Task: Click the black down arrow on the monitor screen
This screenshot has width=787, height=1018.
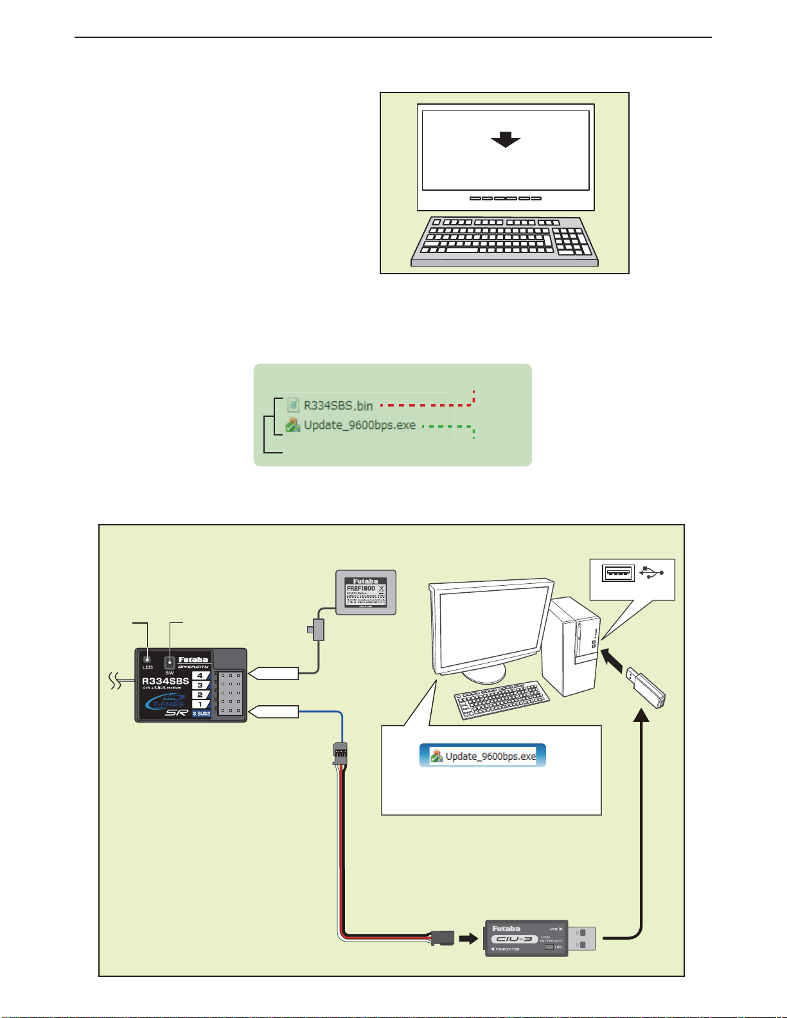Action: tap(505, 139)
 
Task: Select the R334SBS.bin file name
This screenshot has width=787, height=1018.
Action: tap(338, 405)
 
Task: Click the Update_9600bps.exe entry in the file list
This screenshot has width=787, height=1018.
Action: tap(359, 425)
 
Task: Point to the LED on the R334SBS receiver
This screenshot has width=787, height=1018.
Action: tap(148, 659)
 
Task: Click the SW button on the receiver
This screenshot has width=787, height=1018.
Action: tap(170, 662)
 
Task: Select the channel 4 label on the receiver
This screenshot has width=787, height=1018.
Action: tap(200, 676)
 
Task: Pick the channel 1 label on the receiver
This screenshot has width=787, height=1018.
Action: tap(200, 704)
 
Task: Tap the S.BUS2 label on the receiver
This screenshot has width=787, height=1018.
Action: tap(201, 714)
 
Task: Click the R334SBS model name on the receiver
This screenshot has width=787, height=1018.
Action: tap(165, 681)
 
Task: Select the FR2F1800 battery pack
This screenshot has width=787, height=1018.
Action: tap(366, 592)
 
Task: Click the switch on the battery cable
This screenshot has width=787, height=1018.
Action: tap(317, 629)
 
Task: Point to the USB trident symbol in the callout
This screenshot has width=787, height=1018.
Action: tap(651, 572)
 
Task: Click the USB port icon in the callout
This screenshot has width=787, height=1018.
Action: tap(618, 572)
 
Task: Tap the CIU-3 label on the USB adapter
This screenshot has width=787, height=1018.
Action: tap(514, 939)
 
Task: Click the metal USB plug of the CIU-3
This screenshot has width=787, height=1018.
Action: tap(581, 938)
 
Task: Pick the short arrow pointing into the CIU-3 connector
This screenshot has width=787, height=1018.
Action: tap(469, 938)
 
